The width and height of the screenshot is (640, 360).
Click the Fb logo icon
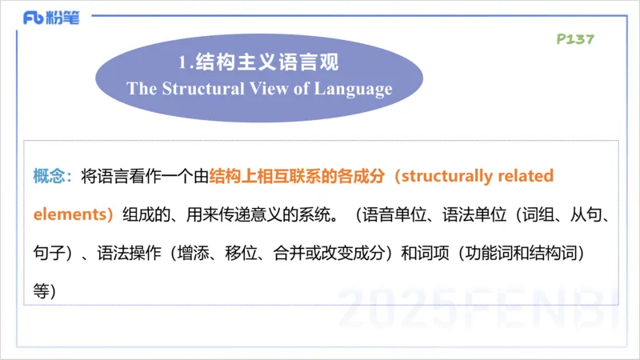tap(34, 18)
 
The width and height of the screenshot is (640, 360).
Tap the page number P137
tap(575, 39)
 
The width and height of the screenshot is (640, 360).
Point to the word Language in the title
tap(353, 89)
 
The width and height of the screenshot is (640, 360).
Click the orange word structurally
tap(450, 176)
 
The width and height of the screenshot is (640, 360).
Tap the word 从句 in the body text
tap(586, 215)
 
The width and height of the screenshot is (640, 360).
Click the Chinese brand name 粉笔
tap(66, 18)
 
